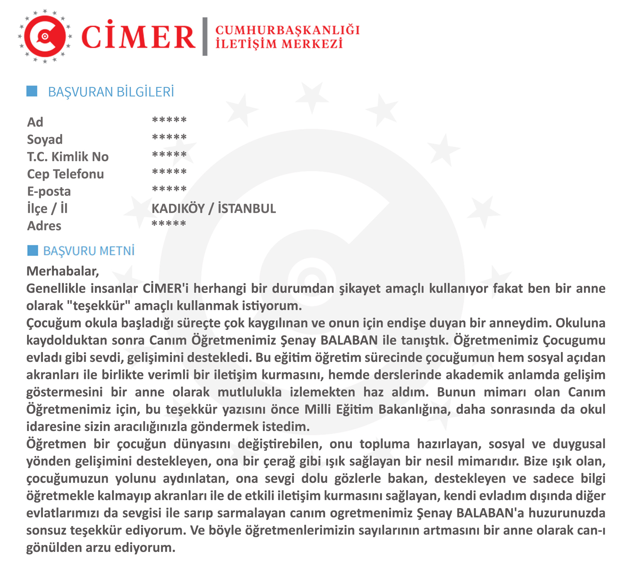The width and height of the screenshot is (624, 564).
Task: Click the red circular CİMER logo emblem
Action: coord(45,37)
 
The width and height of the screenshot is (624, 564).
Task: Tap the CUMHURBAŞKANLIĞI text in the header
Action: coord(287,30)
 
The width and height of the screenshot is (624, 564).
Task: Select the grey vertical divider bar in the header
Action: coord(205,37)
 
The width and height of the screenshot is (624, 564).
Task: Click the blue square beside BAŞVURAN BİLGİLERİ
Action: coord(32,91)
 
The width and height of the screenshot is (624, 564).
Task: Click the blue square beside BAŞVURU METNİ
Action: coord(33,250)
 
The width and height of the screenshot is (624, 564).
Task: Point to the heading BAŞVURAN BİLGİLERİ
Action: coord(111,92)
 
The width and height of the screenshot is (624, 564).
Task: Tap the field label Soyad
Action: coord(45,140)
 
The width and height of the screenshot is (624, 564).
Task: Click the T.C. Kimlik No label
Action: coord(68,157)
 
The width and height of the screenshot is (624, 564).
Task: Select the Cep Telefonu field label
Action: coord(65,174)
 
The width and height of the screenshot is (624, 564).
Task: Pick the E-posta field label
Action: coord(49,191)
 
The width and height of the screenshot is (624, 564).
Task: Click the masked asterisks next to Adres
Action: coord(169,224)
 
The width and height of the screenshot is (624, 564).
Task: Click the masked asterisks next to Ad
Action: coord(169,120)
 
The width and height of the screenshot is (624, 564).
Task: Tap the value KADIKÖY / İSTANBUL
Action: coord(214,209)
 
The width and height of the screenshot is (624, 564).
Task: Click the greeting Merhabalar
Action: coord(62,271)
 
